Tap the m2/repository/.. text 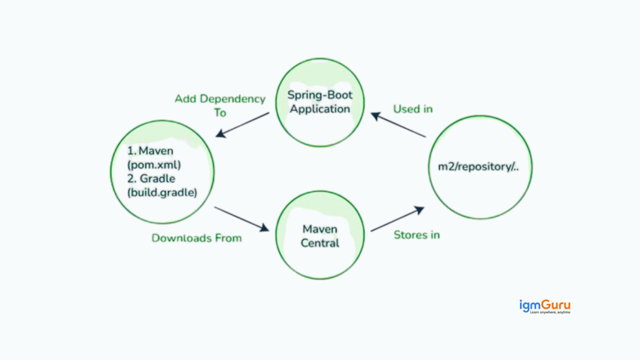tap(478, 167)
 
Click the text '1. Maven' tap(150, 151)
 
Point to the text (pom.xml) tap(154, 165)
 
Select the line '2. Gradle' tap(151, 178)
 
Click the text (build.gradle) tap(162, 192)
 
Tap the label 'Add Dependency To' tap(220, 105)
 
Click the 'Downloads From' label tap(196, 238)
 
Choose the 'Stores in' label tap(416, 235)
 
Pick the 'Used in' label tap(413, 109)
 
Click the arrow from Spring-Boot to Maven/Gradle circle tap(242, 125)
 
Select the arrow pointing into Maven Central tap(242, 219)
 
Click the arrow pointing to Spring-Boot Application tap(398, 125)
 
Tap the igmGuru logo tap(544, 305)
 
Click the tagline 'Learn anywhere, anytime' tap(550, 312)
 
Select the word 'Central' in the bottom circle tap(320, 243)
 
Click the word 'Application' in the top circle tap(320, 109)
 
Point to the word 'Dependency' tap(232, 99)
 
